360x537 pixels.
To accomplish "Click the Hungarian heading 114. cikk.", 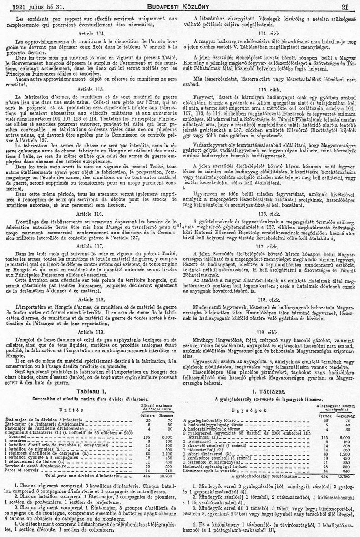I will tap(268, 34).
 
